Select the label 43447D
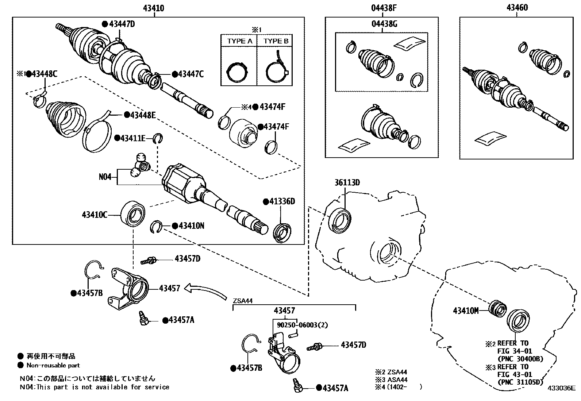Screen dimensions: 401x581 click(122, 24)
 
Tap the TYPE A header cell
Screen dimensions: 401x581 click(239, 41)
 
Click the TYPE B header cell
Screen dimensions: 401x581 click(276, 41)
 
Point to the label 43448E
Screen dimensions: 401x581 click(143, 115)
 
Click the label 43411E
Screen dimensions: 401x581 click(133, 138)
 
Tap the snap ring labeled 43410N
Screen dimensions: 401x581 click(156, 227)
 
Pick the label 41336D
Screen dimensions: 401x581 click(282, 201)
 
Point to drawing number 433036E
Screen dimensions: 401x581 click(561, 388)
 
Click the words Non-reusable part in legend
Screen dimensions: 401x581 click(53, 365)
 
